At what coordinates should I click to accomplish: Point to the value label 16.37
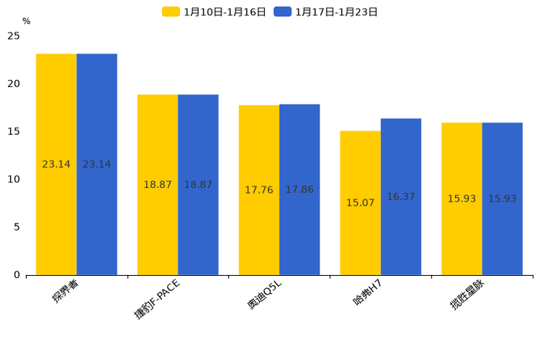(401, 197)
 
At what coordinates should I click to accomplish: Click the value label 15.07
(360, 202)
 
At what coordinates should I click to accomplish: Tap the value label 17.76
(259, 190)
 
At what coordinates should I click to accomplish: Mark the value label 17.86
(300, 189)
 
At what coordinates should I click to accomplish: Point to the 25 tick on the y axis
(14, 36)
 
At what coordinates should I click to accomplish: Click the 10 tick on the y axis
(14, 179)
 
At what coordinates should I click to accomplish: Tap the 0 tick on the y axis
(17, 274)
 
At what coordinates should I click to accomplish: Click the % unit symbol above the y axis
(26, 22)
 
